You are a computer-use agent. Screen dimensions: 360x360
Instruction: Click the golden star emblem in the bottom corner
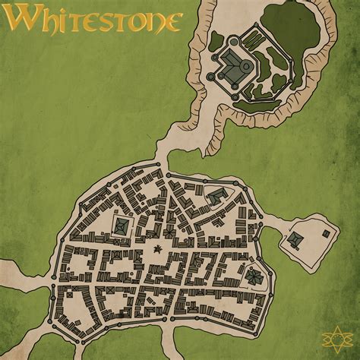tap(337, 336)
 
